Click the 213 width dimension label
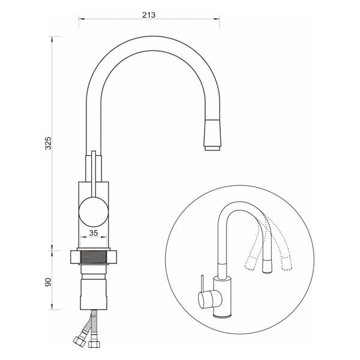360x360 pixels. pos(149,15)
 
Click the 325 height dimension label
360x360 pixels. pos(48,143)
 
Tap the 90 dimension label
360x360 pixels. pos(48,282)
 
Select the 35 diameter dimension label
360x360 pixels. pos(94,233)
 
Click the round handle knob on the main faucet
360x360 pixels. pos(93,212)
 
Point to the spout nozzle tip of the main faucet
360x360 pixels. pos(213,148)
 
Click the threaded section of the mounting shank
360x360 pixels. pos(94,257)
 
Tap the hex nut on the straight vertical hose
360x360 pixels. pos(94,343)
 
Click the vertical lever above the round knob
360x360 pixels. pos(94,174)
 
